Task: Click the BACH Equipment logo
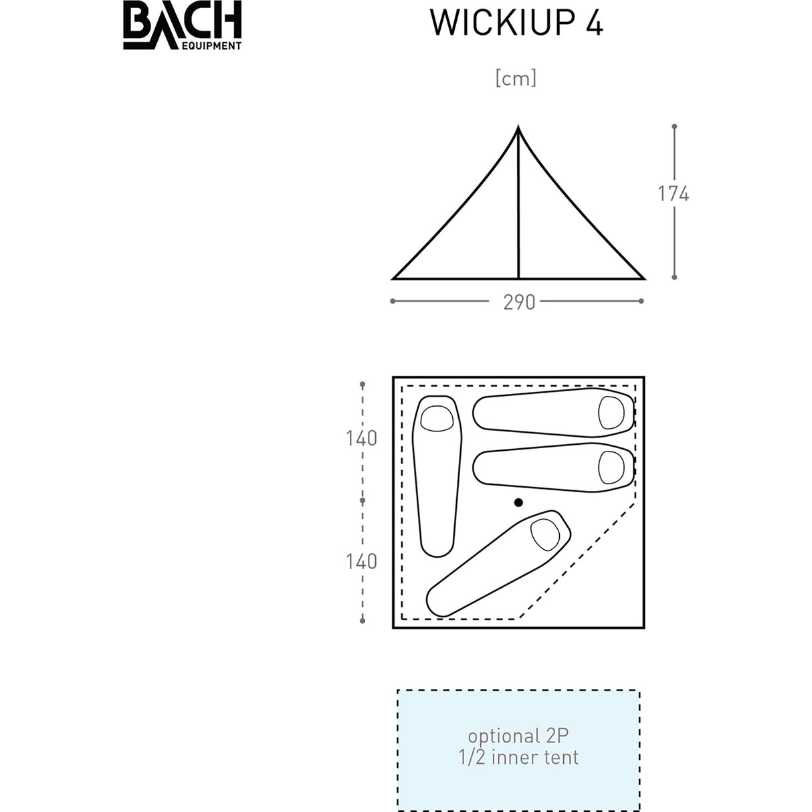(x=182, y=27)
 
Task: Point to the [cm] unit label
(x=516, y=79)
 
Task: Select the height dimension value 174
(x=673, y=194)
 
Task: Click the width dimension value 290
(x=519, y=302)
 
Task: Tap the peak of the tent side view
(x=518, y=128)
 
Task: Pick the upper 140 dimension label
(x=361, y=439)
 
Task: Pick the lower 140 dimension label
(x=361, y=562)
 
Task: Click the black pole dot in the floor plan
(x=518, y=502)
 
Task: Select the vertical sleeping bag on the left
(x=437, y=475)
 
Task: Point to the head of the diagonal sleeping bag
(x=545, y=533)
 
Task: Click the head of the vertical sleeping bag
(x=437, y=418)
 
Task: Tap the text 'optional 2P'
(x=518, y=736)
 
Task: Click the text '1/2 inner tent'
(x=518, y=758)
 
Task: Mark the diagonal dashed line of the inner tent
(x=577, y=561)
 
